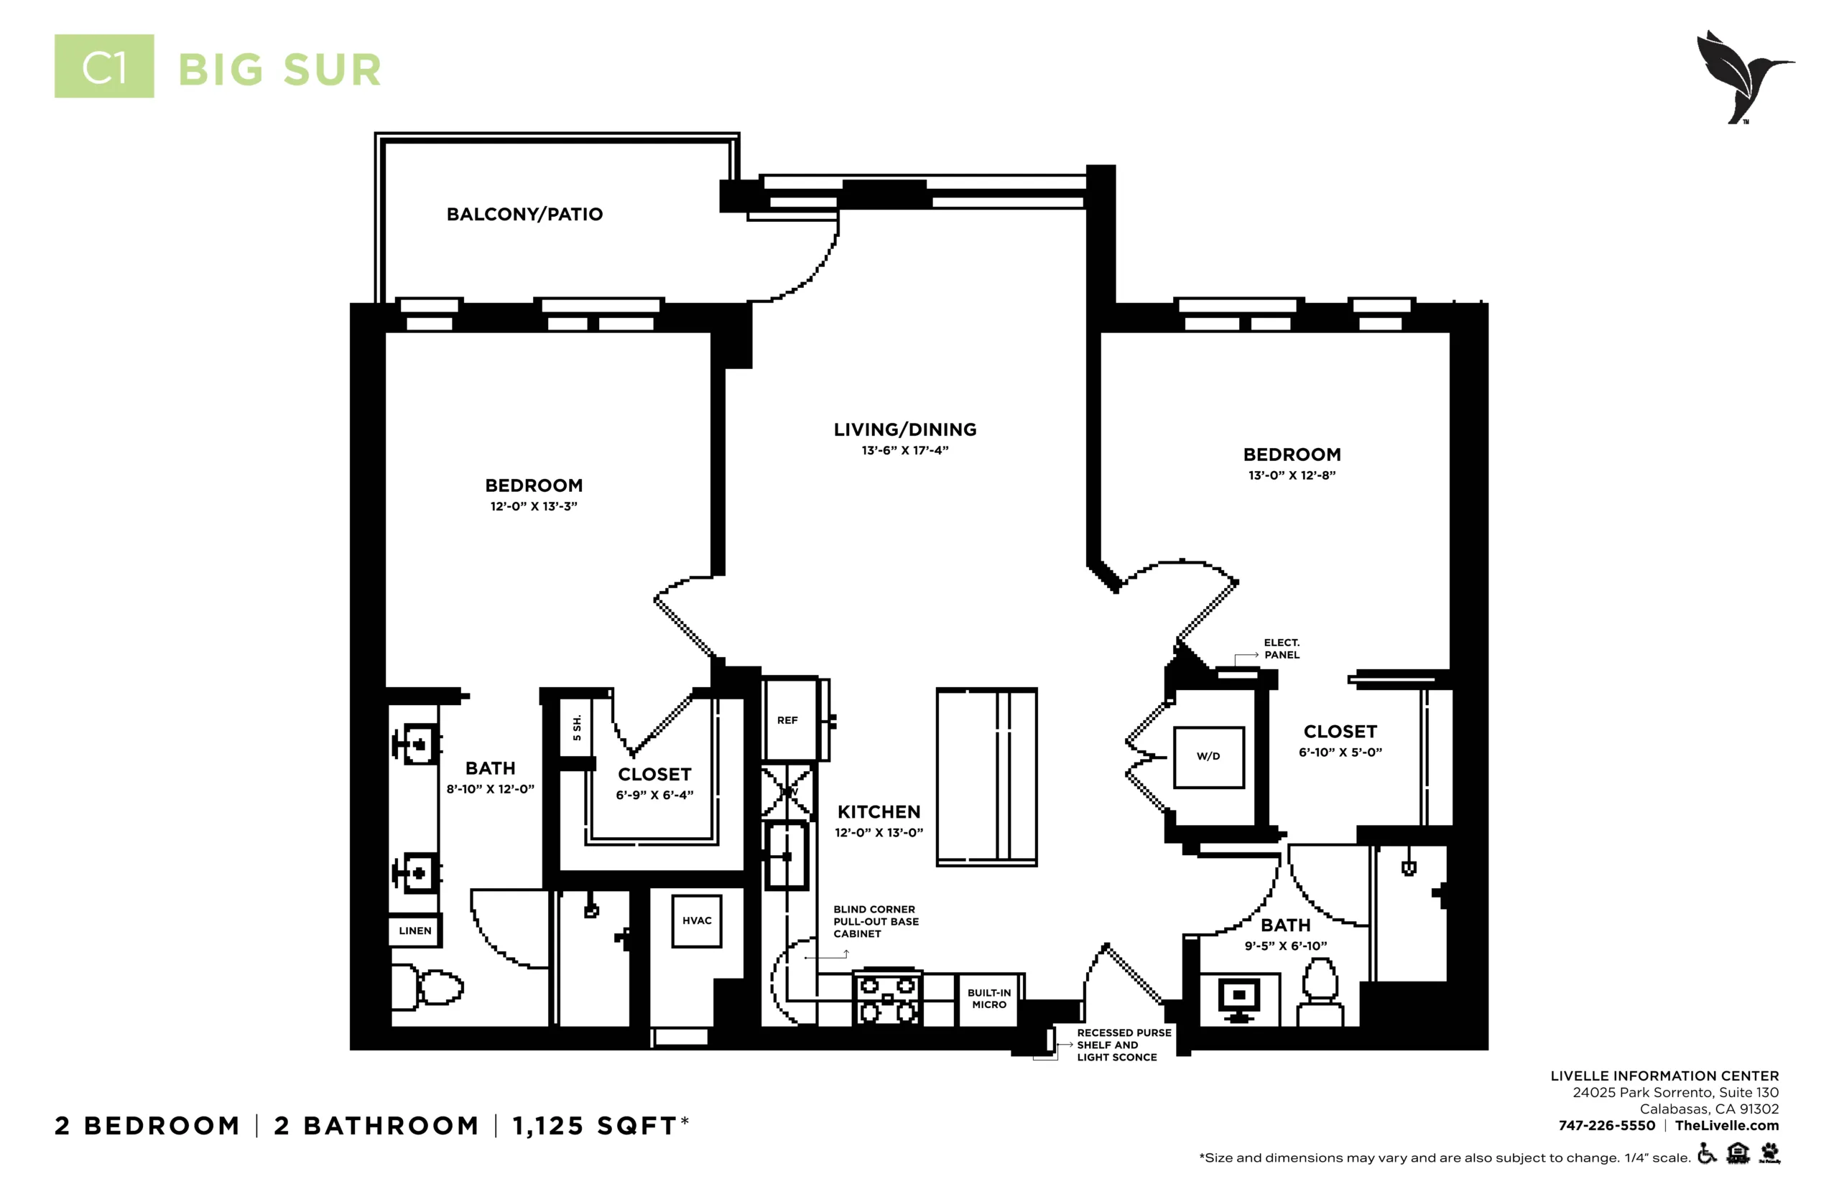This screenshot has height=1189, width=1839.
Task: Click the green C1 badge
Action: click(104, 66)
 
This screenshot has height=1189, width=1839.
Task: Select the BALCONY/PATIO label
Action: click(524, 215)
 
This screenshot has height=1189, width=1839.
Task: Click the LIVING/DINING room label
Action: click(905, 430)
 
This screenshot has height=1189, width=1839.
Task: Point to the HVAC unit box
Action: click(697, 921)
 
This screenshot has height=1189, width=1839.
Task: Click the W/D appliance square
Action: click(1209, 757)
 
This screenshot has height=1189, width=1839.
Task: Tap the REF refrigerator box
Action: click(789, 719)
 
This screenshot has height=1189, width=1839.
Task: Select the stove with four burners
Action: click(887, 997)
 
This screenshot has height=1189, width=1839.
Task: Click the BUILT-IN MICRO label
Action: click(989, 999)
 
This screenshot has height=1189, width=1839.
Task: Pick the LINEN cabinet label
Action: click(414, 931)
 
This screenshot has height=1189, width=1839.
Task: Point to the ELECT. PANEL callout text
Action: click(1282, 648)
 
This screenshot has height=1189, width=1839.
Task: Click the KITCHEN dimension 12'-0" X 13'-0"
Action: click(879, 833)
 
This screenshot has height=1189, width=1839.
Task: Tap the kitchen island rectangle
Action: click(986, 777)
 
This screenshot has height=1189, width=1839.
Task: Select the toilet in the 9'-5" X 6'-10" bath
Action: click(1320, 992)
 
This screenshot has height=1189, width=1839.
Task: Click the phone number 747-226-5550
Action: click(1606, 1126)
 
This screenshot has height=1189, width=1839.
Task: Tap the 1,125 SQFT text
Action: click(601, 1127)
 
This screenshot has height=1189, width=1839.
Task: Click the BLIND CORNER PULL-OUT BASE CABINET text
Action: click(876, 922)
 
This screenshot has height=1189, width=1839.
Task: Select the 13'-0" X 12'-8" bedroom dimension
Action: click(1292, 475)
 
